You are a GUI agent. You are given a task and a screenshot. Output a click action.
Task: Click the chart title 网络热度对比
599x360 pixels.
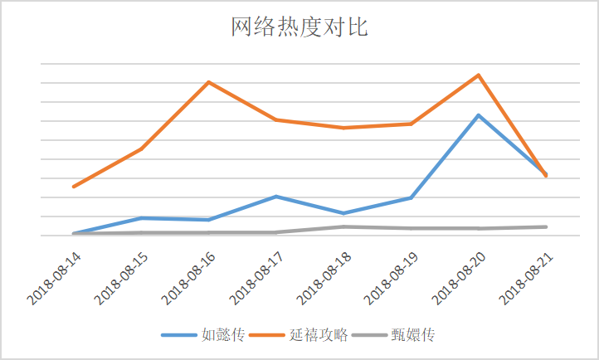[299, 27]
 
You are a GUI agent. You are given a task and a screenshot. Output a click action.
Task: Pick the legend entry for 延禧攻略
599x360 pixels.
[316, 336]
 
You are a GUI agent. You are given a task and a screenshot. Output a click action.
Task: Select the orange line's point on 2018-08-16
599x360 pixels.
[208, 82]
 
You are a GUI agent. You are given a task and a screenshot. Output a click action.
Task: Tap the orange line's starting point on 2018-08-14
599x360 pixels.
[73, 187]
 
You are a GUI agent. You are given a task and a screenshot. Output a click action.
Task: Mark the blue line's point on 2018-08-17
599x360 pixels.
[275, 197]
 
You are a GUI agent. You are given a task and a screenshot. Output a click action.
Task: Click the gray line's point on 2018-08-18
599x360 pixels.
[343, 226]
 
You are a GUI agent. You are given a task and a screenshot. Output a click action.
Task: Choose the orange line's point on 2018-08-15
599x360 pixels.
[141, 149]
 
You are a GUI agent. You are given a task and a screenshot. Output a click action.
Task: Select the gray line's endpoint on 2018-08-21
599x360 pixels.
[546, 226]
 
